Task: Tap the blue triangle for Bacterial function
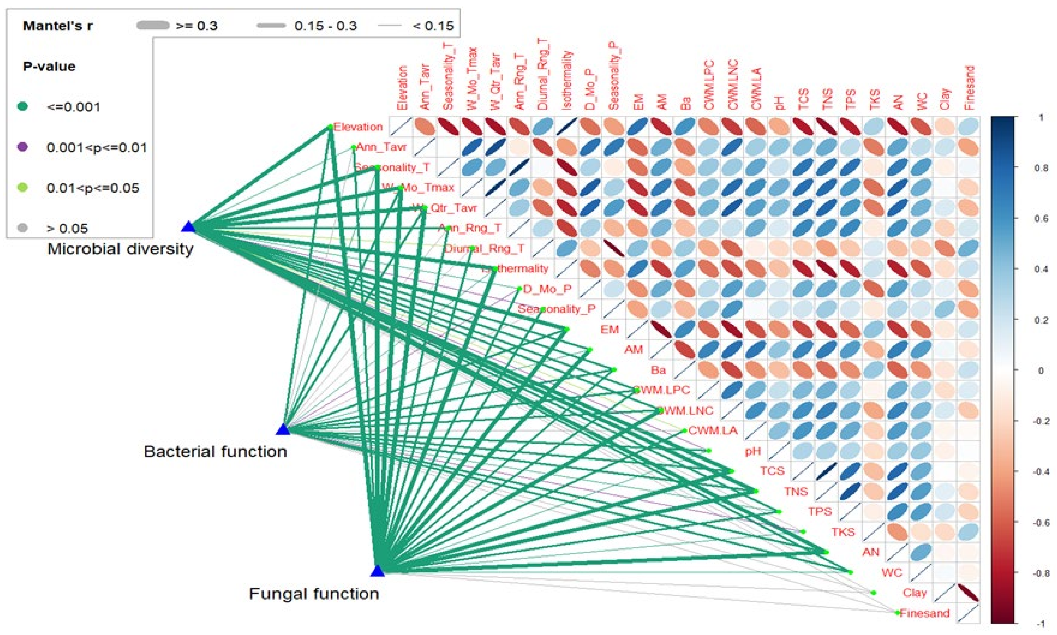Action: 283,430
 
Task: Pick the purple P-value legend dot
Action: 23,147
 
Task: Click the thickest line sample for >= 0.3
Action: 153,26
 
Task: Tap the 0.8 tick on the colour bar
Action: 1041,168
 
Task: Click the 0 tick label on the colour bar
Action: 1041,371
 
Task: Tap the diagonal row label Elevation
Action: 358,127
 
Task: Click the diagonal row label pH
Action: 753,451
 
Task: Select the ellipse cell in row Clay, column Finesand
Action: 968,593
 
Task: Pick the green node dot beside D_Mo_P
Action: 519,289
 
